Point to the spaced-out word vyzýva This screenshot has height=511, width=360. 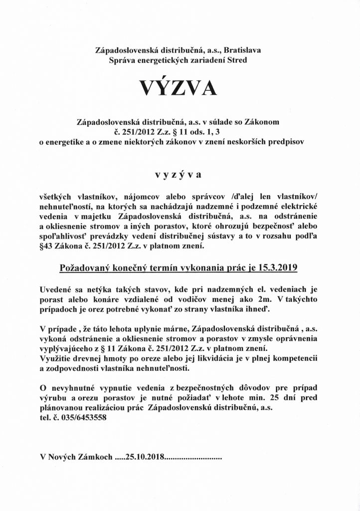(180, 175)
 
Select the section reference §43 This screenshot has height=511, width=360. (47, 246)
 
